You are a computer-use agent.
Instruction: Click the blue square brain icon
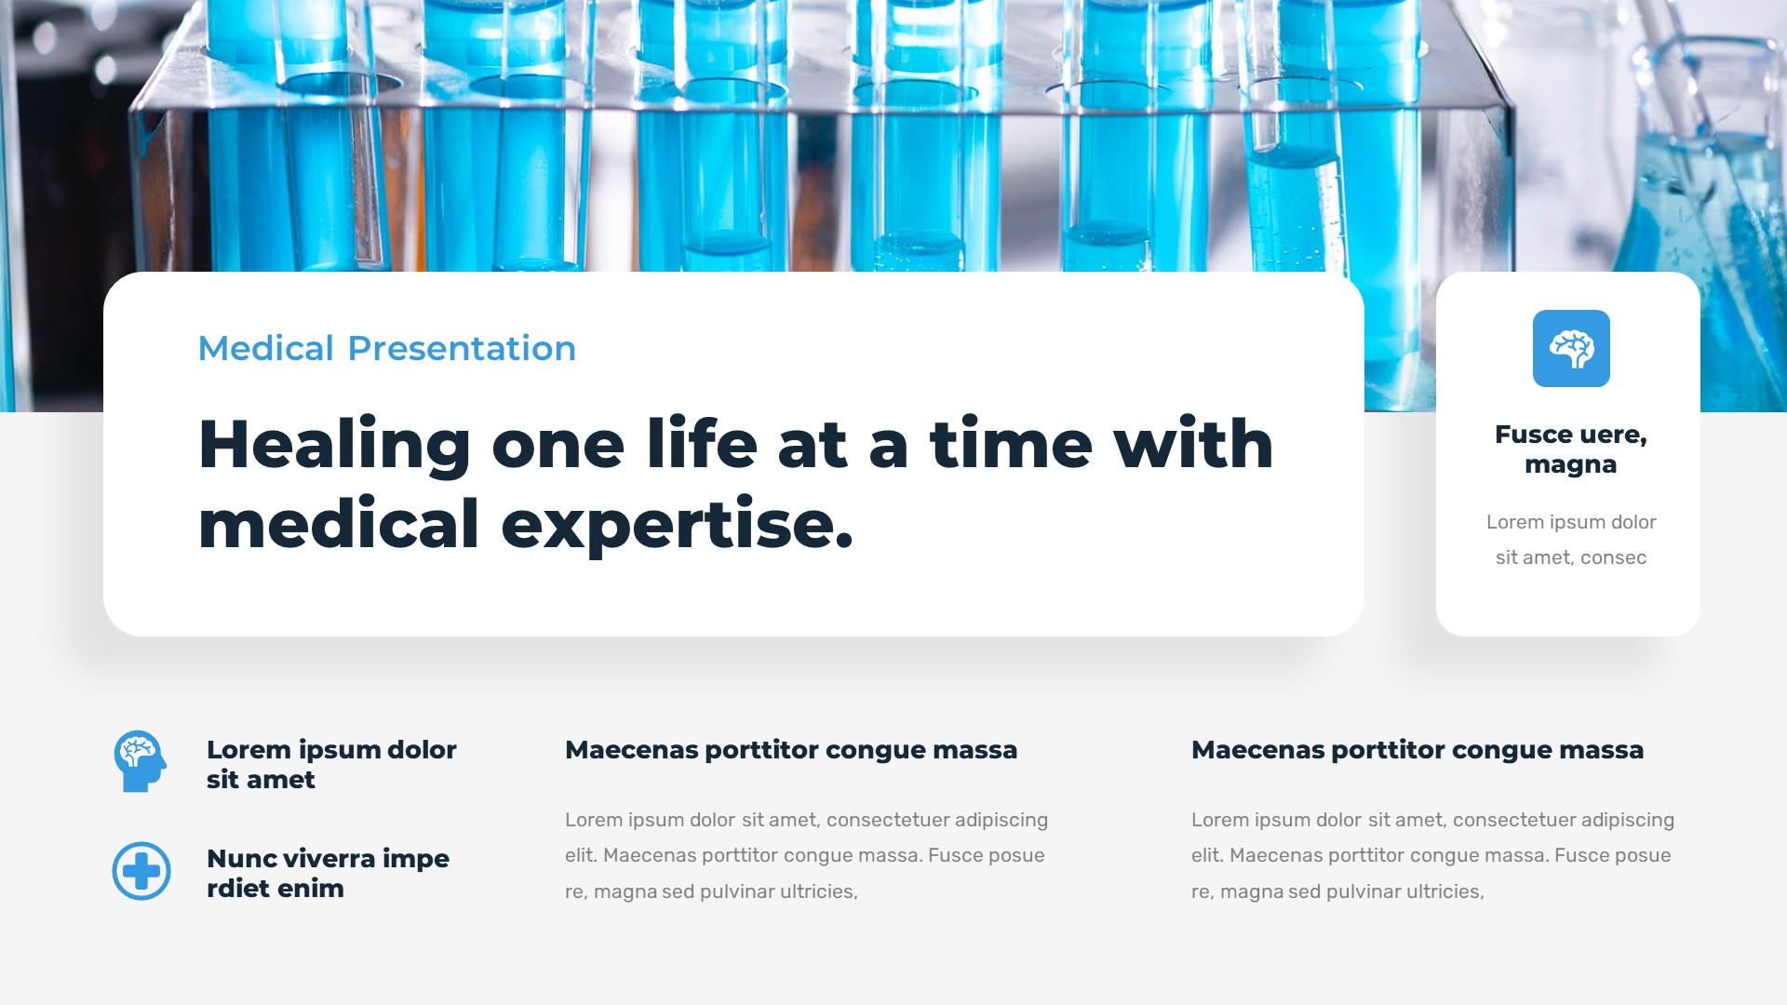1571,348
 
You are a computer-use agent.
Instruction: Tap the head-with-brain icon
140,761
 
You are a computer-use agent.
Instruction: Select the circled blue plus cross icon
141,871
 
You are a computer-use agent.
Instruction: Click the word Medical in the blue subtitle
266,348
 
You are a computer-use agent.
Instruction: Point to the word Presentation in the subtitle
462,348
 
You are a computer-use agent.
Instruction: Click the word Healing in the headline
334,445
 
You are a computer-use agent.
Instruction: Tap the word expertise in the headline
677,525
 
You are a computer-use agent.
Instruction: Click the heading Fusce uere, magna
1570,449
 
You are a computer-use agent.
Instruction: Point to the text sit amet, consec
1570,557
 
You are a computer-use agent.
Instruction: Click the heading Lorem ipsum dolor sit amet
330,764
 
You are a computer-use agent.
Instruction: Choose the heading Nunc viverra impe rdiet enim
327,873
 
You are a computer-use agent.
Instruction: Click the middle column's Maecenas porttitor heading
790,750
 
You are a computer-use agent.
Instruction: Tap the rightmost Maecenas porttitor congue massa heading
1417,750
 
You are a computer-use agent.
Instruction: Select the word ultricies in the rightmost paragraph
1444,891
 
